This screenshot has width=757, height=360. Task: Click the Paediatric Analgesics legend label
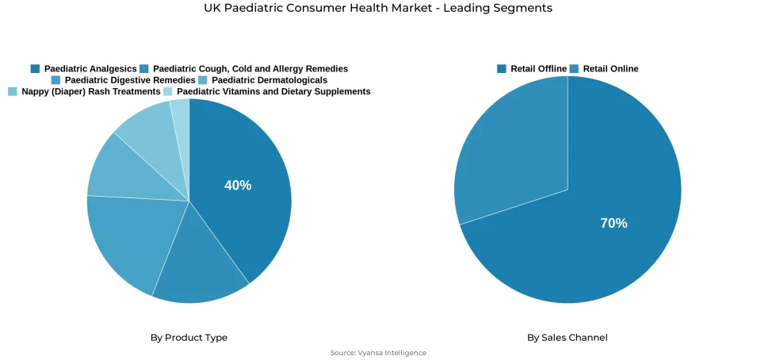click(90, 69)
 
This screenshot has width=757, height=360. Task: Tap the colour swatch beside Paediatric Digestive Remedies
click(55, 80)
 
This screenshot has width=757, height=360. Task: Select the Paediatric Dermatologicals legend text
click(269, 80)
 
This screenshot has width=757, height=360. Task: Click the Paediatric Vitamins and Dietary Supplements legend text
click(273, 91)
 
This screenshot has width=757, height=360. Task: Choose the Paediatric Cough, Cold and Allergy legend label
click(250, 69)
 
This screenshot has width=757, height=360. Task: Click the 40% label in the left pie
click(238, 186)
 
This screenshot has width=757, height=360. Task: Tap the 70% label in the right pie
click(614, 224)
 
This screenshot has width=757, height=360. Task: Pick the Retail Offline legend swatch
click(502, 69)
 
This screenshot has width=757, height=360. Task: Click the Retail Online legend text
click(610, 69)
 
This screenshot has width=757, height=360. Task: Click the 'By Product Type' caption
click(189, 338)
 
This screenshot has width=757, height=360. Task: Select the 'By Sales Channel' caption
click(568, 338)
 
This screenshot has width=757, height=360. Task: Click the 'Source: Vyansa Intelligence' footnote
click(378, 353)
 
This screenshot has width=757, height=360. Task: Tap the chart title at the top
click(378, 8)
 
